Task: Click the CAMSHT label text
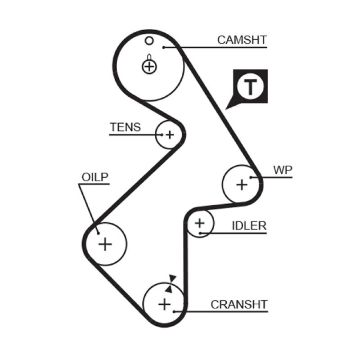[x=241, y=40]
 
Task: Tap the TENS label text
[x=125, y=127]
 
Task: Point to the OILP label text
[x=95, y=177]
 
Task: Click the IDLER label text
[x=249, y=226]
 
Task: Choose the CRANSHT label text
[x=239, y=304]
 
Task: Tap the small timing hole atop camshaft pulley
[x=149, y=41]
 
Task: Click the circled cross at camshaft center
[x=149, y=67]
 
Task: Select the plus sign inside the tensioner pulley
[x=170, y=134]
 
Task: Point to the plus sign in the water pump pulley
[x=242, y=184]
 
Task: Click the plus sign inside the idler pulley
[x=199, y=223]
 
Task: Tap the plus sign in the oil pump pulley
[x=105, y=244]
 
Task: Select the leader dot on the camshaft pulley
[x=165, y=46]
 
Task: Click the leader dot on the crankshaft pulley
[x=175, y=311]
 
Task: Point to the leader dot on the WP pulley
[x=251, y=177]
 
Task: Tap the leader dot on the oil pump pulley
[x=97, y=232]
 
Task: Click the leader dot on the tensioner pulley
[x=161, y=134]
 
